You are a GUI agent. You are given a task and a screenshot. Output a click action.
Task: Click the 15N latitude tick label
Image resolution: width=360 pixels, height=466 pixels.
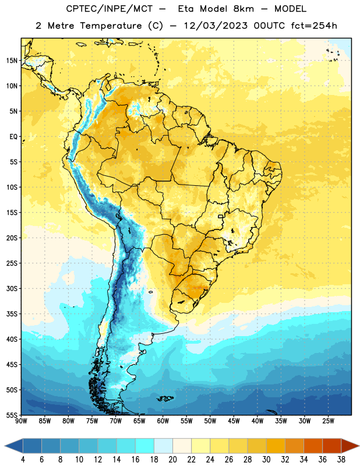[x=12, y=61]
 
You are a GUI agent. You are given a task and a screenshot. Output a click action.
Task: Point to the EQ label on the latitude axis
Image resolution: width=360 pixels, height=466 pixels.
[x=13, y=137]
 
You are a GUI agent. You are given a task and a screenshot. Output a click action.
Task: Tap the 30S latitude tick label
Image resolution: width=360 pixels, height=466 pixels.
[x=12, y=288]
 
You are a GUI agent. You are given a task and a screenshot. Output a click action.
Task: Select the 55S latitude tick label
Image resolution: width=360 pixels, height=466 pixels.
[x=12, y=415]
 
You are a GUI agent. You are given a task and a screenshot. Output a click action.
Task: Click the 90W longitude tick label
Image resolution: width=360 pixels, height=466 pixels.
[x=21, y=421]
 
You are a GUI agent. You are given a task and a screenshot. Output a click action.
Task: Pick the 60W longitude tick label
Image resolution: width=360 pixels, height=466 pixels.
[x=163, y=421]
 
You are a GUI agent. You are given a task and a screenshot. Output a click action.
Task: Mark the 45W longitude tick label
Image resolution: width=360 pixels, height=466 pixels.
[x=234, y=421]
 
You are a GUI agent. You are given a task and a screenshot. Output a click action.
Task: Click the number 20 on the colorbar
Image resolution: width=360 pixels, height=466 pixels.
[x=172, y=460]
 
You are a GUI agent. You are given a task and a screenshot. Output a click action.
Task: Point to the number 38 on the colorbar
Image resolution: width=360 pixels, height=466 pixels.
[x=341, y=460]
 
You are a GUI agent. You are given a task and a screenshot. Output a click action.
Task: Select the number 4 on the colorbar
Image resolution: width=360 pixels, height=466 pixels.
[x=23, y=460]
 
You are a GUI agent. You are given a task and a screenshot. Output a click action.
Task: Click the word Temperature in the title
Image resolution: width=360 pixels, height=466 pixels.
[x=111, y=26]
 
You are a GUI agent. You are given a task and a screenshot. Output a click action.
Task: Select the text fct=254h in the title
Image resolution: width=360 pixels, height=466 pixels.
[x=314, y=26]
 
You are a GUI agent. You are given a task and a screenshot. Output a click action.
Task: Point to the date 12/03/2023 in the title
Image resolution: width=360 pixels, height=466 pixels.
[x=216, y=26]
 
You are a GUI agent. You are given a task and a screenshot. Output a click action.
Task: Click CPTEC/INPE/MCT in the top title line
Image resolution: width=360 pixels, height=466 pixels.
[x=110, y=9]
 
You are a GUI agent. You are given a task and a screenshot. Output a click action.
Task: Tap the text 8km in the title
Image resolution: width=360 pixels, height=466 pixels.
[x=243, y=9]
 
